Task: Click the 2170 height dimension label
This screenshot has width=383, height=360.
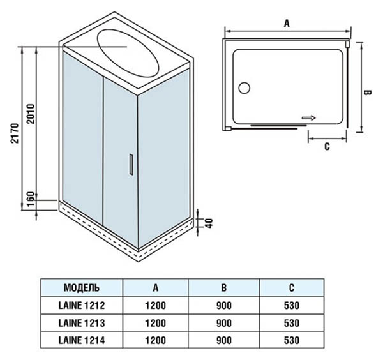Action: coord(15,133)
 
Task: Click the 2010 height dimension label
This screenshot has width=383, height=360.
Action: coord(31,114)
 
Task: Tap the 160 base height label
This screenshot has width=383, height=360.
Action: coord(31,199)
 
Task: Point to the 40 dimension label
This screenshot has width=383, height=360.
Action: coord(209,223)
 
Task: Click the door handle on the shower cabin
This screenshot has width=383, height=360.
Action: coord(131,165)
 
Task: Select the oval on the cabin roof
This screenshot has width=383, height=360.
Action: coord(128,52)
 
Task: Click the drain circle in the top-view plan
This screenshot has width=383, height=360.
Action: coord(244,88)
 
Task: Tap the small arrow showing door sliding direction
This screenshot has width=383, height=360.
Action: coord(309,118)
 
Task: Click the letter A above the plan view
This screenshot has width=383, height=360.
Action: coord(287,24)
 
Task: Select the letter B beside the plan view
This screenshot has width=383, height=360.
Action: coord(368,93)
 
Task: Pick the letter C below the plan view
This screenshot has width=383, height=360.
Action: coord(327,147)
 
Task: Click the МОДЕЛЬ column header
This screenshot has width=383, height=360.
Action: coord(82,288)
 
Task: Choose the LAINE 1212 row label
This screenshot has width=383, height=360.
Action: coord(82,305)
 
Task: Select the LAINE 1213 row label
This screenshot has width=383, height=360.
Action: coord(82,323)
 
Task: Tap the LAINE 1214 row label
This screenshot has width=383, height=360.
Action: coord(82,340)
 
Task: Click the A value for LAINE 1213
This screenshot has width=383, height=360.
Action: coord(156,323)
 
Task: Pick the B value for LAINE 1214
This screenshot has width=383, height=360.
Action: coord(224,340)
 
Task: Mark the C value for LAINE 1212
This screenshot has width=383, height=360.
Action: coord(292,305)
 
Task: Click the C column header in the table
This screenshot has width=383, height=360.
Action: coord(292,288)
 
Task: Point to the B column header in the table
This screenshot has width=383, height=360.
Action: coord(224,288)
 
